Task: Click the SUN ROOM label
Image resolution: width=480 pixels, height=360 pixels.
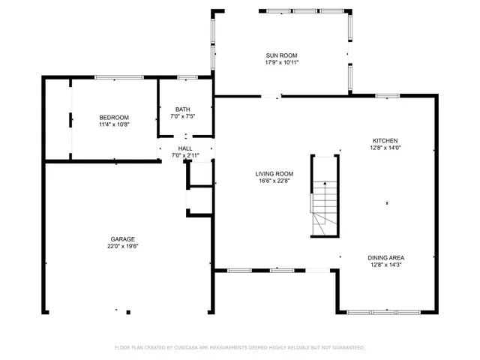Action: pos(281,55)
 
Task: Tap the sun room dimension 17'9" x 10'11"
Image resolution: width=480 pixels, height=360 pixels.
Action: pos(281,62)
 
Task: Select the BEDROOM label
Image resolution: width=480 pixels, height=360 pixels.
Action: pos(114,117)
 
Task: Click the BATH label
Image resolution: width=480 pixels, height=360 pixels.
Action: pos(183,109)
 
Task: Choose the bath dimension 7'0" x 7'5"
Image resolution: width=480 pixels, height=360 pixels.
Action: pos(183,116)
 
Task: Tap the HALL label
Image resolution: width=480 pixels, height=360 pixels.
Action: pos(185,148)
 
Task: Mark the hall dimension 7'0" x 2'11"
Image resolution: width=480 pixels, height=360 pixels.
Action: pos(185,155)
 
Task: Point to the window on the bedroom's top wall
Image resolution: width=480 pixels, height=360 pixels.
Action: pos(118,76)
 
